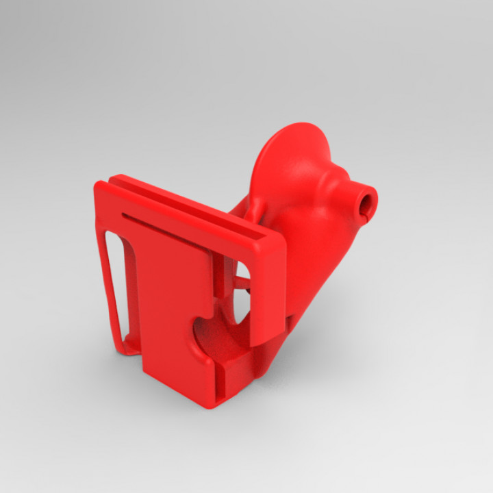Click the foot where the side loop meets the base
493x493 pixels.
(x=123, y=349)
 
